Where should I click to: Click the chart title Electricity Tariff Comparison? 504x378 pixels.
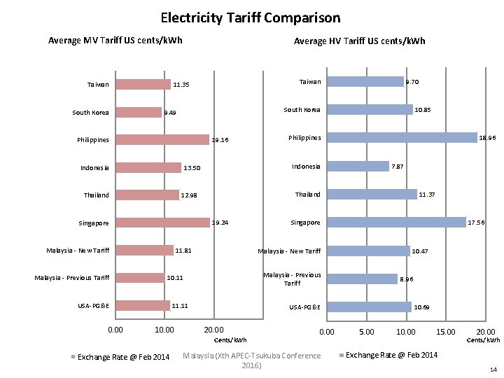tap(251, 17)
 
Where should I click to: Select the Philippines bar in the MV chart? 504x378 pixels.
tap(162, 140)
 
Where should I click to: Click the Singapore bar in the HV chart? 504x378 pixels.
tap(397, 222)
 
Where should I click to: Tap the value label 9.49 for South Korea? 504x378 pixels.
tap(170, 113)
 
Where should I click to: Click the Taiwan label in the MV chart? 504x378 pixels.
tap(98, 85)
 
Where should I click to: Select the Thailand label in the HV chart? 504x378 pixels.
tap(308, 194)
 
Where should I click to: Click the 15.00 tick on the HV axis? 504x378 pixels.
tap(446, 332)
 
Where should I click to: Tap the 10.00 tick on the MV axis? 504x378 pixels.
tap(164, 330)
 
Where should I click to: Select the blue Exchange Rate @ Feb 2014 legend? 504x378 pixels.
tap(391, 355)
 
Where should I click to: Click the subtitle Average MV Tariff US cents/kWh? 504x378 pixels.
tap(115, 40)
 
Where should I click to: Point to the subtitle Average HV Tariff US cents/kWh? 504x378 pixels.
tap(359, 41)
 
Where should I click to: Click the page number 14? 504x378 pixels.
tap(493, 369)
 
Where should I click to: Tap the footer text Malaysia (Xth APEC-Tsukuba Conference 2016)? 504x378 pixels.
tap(251, 360)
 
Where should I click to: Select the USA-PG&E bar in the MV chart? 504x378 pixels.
tap(143, 305)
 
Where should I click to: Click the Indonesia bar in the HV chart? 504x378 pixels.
tap(358, 166)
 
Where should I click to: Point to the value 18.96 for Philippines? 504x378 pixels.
tap(487, 139)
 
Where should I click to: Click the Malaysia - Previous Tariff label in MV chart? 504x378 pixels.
tap(72, 278)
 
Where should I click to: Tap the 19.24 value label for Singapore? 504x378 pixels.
tap(220, 223)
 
